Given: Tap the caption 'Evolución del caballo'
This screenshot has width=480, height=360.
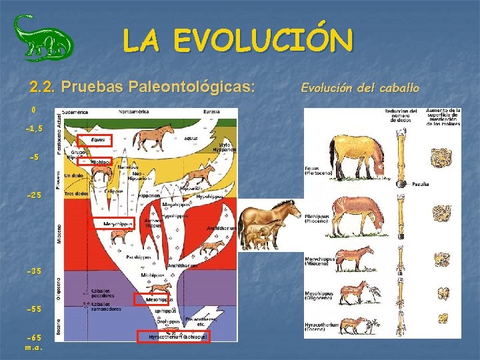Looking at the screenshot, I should point(360,87).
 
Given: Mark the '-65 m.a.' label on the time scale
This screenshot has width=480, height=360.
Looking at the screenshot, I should point(34,343).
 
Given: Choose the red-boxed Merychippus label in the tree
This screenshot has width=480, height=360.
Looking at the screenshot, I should point(118,223).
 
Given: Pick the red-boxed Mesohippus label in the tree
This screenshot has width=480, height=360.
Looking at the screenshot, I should point(152,299).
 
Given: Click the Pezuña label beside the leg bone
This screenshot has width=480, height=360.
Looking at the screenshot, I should point(420,183).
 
